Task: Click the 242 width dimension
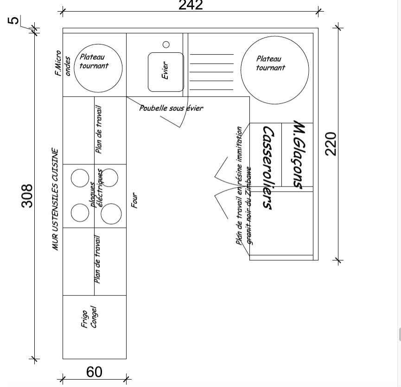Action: (x=191, y=5)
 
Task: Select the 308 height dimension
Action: (x=27, y=195)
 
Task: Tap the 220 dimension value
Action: (x=331, y=144)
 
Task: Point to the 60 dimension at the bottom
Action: (x=94, y=372)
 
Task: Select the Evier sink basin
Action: (x=165, y=72)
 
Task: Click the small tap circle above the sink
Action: (x=166, y=44)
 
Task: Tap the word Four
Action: (x=135, y=200)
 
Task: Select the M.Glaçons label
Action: (x=299, y=155)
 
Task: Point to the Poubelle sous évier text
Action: (x=171, y=108)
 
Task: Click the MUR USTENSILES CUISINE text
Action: (x=55, y=199)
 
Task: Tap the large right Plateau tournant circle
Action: (x=275, y=70)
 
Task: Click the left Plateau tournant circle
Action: (x=98, y=68)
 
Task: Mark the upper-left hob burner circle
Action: (x=80, y=178)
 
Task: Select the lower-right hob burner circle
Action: (x=111, y=213)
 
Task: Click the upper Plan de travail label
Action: (x=99, y=130)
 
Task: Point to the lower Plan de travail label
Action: (x=98, y=259)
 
